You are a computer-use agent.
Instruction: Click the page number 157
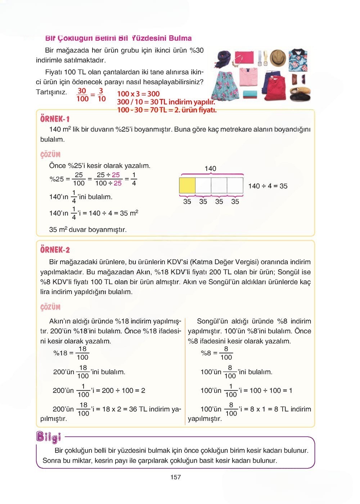[x=176, y=477]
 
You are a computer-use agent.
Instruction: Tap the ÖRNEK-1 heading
[x=55, y=119]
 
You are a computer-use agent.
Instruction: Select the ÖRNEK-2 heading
[x=55, y=250]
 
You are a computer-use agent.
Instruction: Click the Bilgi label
[x=49, y=437]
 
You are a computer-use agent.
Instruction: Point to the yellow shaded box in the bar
[x=187, y=185]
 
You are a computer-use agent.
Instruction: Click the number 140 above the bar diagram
[x=210, y=168]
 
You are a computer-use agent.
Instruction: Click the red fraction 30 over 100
[x=82, y=95]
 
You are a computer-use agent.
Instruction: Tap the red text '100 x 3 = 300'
[x=138, y=94]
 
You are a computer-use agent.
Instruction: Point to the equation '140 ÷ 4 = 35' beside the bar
[x=268, y=186]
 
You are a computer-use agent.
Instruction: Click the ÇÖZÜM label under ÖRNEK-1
[x=50, y=155]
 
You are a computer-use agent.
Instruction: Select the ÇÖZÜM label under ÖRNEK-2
[x=50, y=307]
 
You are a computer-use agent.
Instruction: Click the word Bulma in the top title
[x=180, y=38]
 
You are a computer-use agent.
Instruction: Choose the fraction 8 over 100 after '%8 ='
[x=226, y=353]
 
